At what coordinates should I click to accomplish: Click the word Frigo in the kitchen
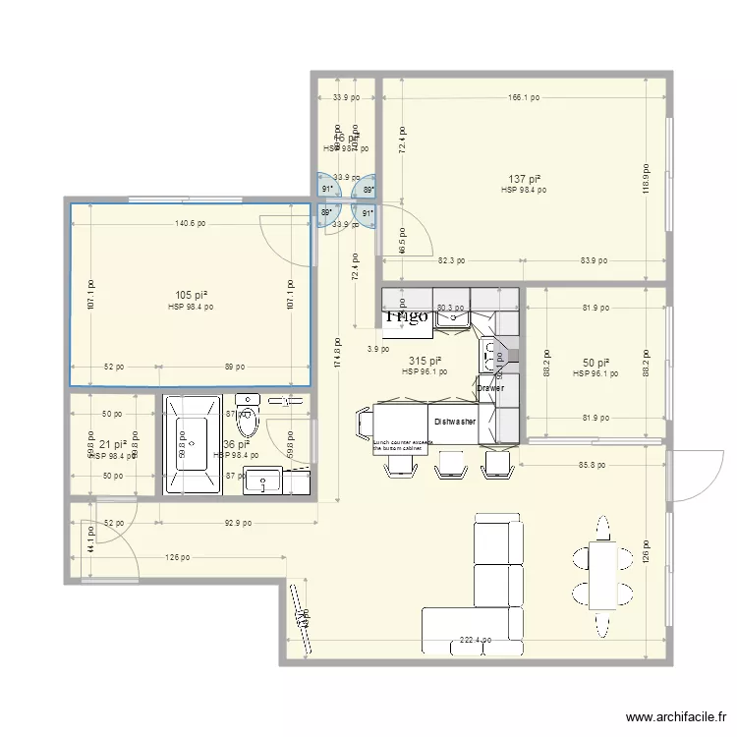[x=406, y=316]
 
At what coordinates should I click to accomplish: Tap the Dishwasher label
[x=455, y=422]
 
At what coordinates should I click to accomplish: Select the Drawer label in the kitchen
[x=489, y=388]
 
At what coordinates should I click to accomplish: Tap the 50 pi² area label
[x=595, y=363]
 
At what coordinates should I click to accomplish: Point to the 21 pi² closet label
[x=111, y=445]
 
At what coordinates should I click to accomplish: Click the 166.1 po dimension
[x=523, y=98]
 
